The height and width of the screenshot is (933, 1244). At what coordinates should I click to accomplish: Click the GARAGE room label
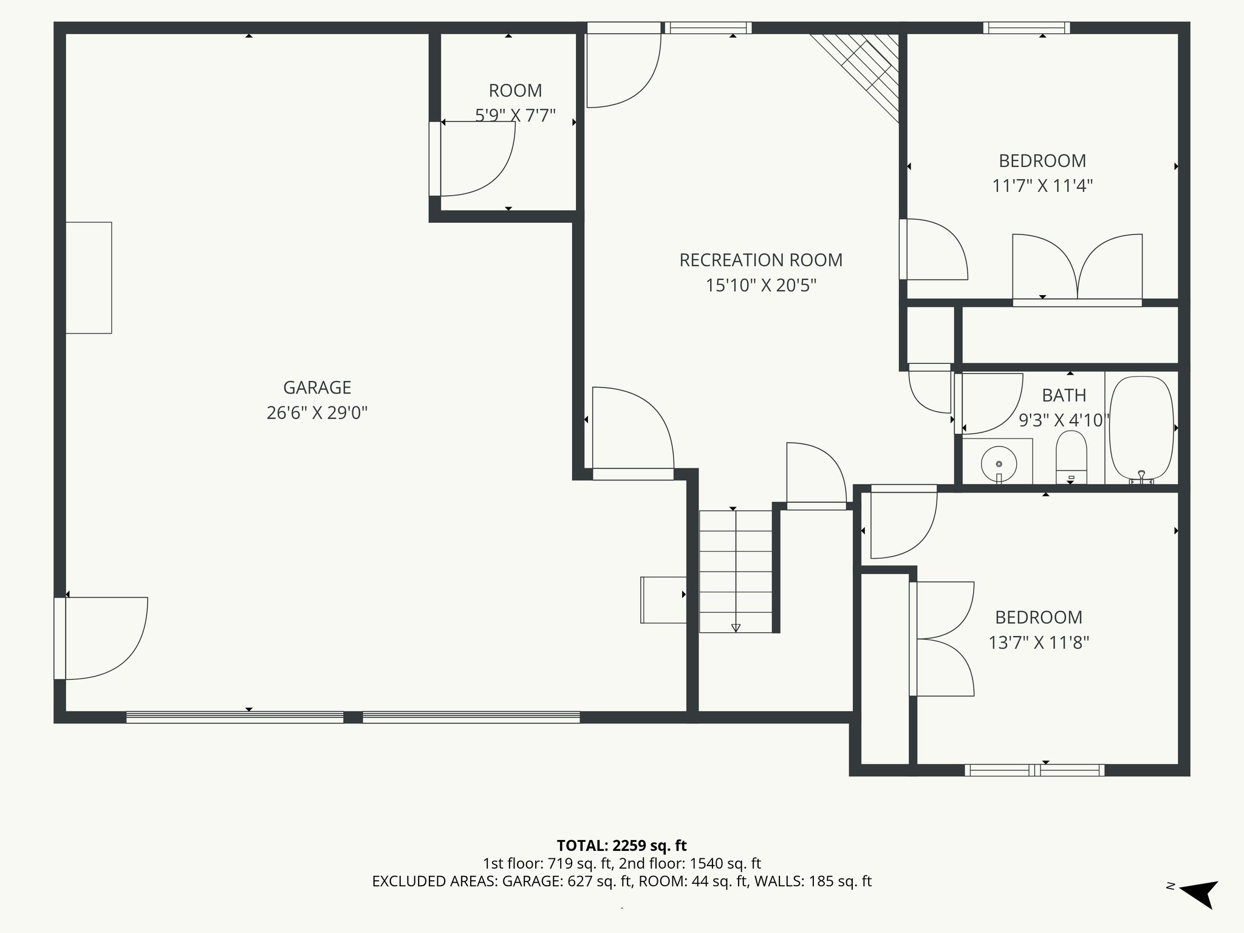pos(317,388)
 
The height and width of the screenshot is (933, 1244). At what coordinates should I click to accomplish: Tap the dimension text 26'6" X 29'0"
pos(317,413)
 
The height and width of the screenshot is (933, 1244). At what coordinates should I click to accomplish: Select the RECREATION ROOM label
pos(760,260)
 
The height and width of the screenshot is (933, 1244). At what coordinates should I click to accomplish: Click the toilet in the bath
pos(1071,456)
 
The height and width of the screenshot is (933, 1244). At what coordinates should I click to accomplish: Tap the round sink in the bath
pos(999,465)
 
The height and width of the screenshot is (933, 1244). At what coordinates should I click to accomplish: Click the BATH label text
pos(1064,395)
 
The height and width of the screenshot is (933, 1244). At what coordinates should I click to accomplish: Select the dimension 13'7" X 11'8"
pos(1039,643)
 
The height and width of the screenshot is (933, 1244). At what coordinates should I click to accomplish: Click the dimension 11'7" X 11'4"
pos(1042,186)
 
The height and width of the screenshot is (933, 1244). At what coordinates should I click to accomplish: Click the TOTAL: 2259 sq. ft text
pos(621,846)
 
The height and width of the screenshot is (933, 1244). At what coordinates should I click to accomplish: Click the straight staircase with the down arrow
pos(736,571)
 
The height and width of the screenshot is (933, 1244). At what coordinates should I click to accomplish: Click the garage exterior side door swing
pos(103,638)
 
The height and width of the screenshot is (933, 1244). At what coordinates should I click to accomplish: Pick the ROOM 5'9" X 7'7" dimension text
pos(515,115)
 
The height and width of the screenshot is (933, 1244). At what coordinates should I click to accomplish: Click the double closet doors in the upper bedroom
pos(1077,267)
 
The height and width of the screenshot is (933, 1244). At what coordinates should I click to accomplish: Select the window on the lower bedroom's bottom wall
pos(1034,770)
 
